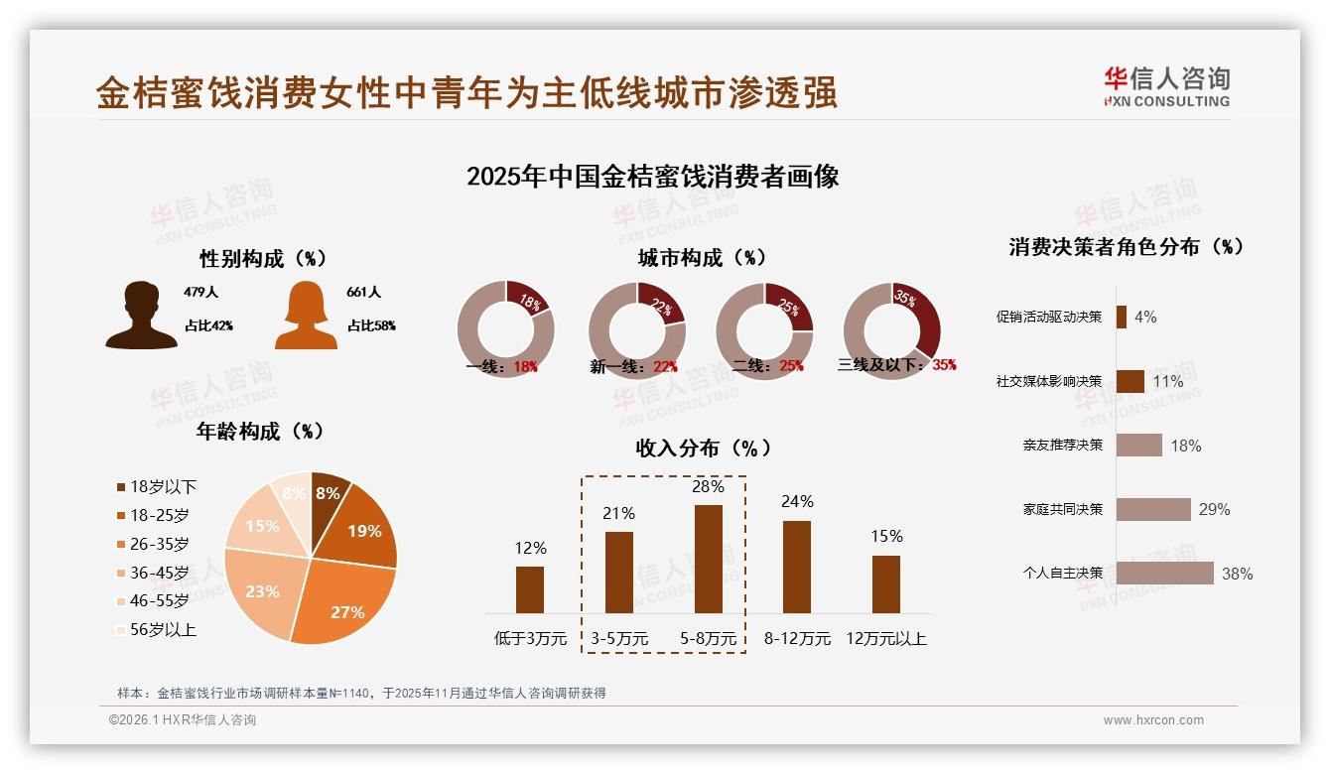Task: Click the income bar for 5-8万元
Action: (x=708, y=559)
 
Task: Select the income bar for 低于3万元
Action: (x=530, y=589)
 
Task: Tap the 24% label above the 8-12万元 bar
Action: (x=797, y=502)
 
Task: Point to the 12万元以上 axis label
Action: (x=885, y=639)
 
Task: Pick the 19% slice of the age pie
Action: (x=359, y=529)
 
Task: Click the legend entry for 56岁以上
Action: (x=156, y=630)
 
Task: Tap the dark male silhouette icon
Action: (x=141, y=316)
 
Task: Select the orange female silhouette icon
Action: (x=306, y=316)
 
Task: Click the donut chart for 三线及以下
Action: (x=891, y=330)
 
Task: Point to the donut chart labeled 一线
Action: (x=505, y=330)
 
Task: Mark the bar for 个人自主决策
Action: (x=1164, y=574)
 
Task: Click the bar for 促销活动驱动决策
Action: (x=1122, y=318)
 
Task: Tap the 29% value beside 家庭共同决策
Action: (x=1214, y=510)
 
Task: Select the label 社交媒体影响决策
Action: (x=1049, y=382)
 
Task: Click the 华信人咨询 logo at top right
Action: (x=1166, y=86)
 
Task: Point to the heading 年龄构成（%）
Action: (x=260, y=432)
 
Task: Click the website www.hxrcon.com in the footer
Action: (x=1153, y=720)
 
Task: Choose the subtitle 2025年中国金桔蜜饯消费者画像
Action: (x=653, y=177)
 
